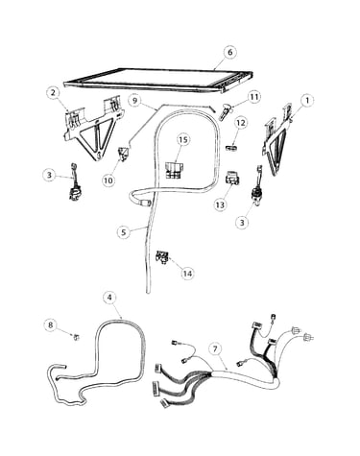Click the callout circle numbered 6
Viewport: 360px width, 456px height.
pos(229,52)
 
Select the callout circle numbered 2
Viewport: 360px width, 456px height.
pos(53,93)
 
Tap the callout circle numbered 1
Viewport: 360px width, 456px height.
pos(307,101)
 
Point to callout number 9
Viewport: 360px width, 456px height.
pos(134,101)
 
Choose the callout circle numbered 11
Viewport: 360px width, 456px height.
pos(253,97)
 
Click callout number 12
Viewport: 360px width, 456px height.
pos(241,123)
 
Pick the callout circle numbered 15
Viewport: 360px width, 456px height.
pos(183,139)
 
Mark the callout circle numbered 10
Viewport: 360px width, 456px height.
pos(108,180)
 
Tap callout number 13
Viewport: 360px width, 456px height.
pos(220,204)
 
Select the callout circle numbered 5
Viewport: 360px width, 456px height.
pos(124,232)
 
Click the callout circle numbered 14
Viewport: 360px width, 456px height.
pos(187,274)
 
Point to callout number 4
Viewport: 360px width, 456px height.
pos(109,298)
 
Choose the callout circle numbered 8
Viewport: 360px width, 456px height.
pos(51,324)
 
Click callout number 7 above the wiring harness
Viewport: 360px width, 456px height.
pos(216,349)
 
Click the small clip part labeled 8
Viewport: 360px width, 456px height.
pos(76,337)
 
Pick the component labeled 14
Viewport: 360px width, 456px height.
pos(162,257)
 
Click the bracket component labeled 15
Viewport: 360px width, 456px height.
pos(175,170)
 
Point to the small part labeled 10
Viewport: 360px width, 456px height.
pos(124,153)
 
